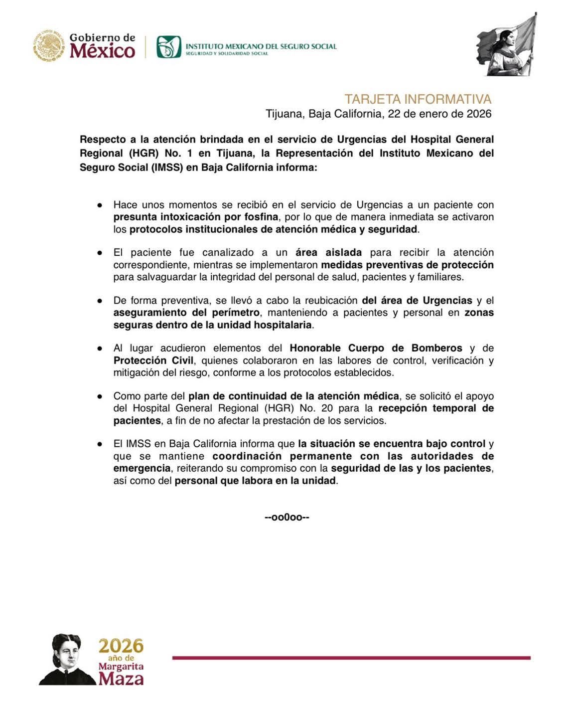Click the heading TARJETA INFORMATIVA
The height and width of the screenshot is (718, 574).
point(418,99)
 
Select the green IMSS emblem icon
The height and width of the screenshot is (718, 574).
point(168,46)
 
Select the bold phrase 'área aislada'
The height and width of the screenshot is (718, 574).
point(328,252)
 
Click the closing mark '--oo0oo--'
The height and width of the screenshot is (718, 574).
point(287,517)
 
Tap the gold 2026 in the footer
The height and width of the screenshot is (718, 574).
point(121,646)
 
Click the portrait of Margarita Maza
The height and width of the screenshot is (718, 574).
point(66,659)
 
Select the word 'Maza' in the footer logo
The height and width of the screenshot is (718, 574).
point(121,679)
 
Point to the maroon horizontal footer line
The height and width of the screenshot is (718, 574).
point(351,658)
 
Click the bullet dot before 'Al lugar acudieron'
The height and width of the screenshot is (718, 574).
point(100,349)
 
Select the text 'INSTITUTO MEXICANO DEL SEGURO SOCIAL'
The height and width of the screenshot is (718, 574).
point(261,46)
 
